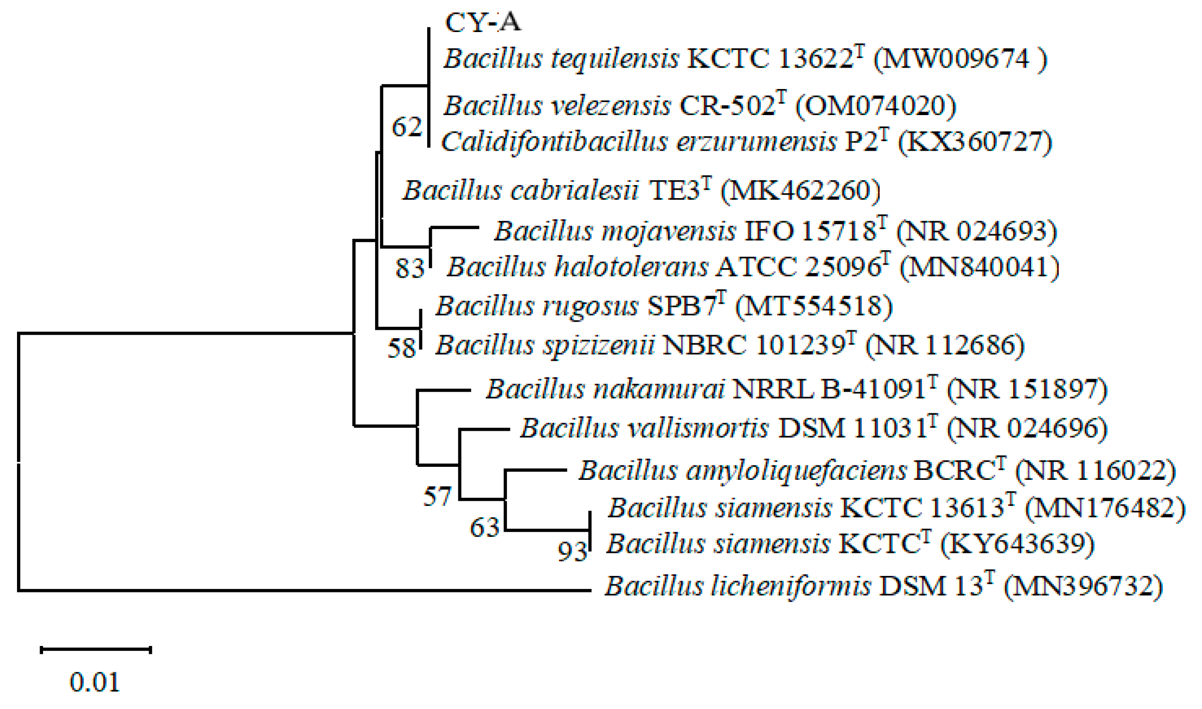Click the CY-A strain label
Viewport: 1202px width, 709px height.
pyautogui.click(x=483, y=23)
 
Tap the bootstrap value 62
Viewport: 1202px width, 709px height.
pyautogui.click(x=407, y=127)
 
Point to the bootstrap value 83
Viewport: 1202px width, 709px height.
pyautogui.click(x=410, y=268)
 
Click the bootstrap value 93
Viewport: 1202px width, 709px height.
pyautogui.click(x=572, y=551)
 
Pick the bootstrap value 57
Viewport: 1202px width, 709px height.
pyautogui.click(x=437, y=496)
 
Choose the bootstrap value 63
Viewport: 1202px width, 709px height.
pyautogui.click(x=484, y=527)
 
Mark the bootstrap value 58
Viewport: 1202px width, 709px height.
pyautogui.click(x=402, y=348)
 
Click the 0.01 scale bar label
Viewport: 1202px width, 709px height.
pyautogui.click(x=95, y=682)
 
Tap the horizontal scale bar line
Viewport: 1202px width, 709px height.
pyautogui.click(x=96, y=650)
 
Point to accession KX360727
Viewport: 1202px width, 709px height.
pyautogui.click(x=974, y=142)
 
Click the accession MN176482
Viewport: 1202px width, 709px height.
pyautogui.click(x=1105, y=508)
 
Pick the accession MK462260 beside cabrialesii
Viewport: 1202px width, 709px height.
pyautogui.click(x=800, y=191)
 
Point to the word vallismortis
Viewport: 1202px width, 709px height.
pyautogui.click(x=694, y=428)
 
